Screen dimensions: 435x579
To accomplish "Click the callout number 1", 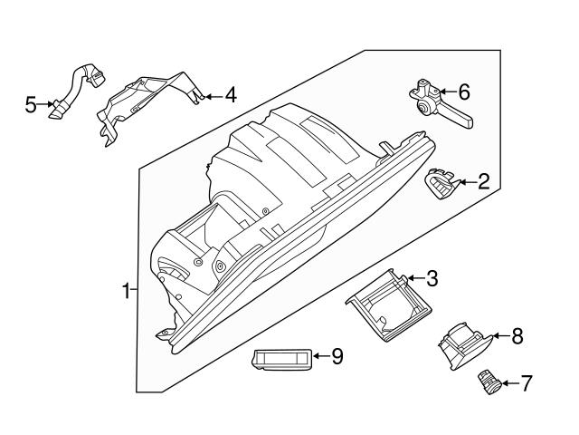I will [x=126, y=291].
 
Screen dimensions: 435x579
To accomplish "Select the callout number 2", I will [x=483, y=182].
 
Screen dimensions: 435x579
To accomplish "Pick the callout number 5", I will [x=31, y=106].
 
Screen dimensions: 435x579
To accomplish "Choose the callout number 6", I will [x=464, y=92].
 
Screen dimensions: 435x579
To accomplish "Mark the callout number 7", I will [x=526, y=383].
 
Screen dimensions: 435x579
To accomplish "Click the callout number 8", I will [x=517, y=337].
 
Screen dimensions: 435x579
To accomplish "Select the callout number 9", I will [x=337, y=357].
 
